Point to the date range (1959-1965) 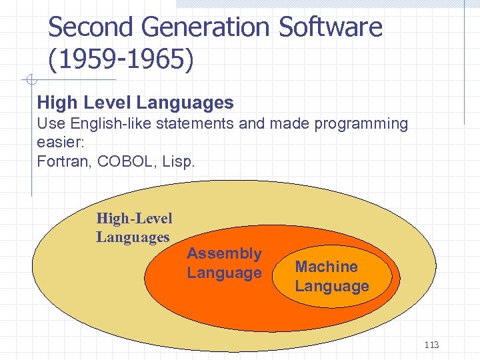121,61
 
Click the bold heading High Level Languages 135,102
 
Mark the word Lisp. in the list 178,161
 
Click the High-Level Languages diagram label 133,227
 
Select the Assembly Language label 224,263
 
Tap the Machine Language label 331,276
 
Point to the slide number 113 431,345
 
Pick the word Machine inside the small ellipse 326,267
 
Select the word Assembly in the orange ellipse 224,253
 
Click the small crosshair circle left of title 30,81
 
